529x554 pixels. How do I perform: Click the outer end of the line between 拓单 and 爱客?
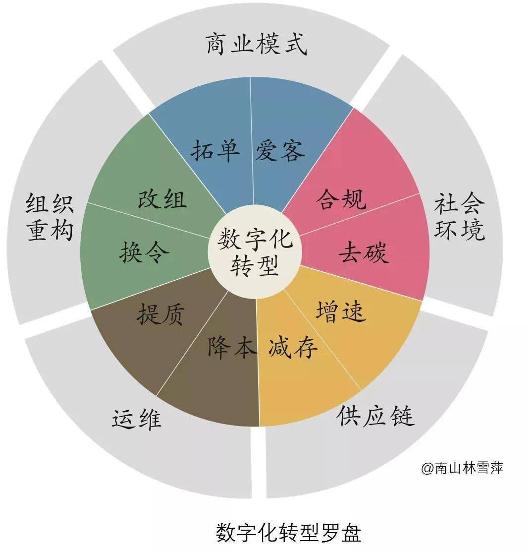coord(251,77)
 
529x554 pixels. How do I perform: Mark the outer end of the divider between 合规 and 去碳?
coord(419,193)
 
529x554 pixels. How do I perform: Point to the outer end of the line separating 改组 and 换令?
coord(87,203)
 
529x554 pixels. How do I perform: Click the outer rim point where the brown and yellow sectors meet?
coord(260,426)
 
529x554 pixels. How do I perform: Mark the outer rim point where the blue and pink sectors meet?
coord(353,108)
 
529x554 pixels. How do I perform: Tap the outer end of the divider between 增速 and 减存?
coord(361,390)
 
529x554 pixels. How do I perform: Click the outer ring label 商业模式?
coord(256,44)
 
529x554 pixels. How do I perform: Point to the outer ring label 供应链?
coord(375,416)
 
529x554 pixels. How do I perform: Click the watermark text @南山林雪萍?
coord(462,468)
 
